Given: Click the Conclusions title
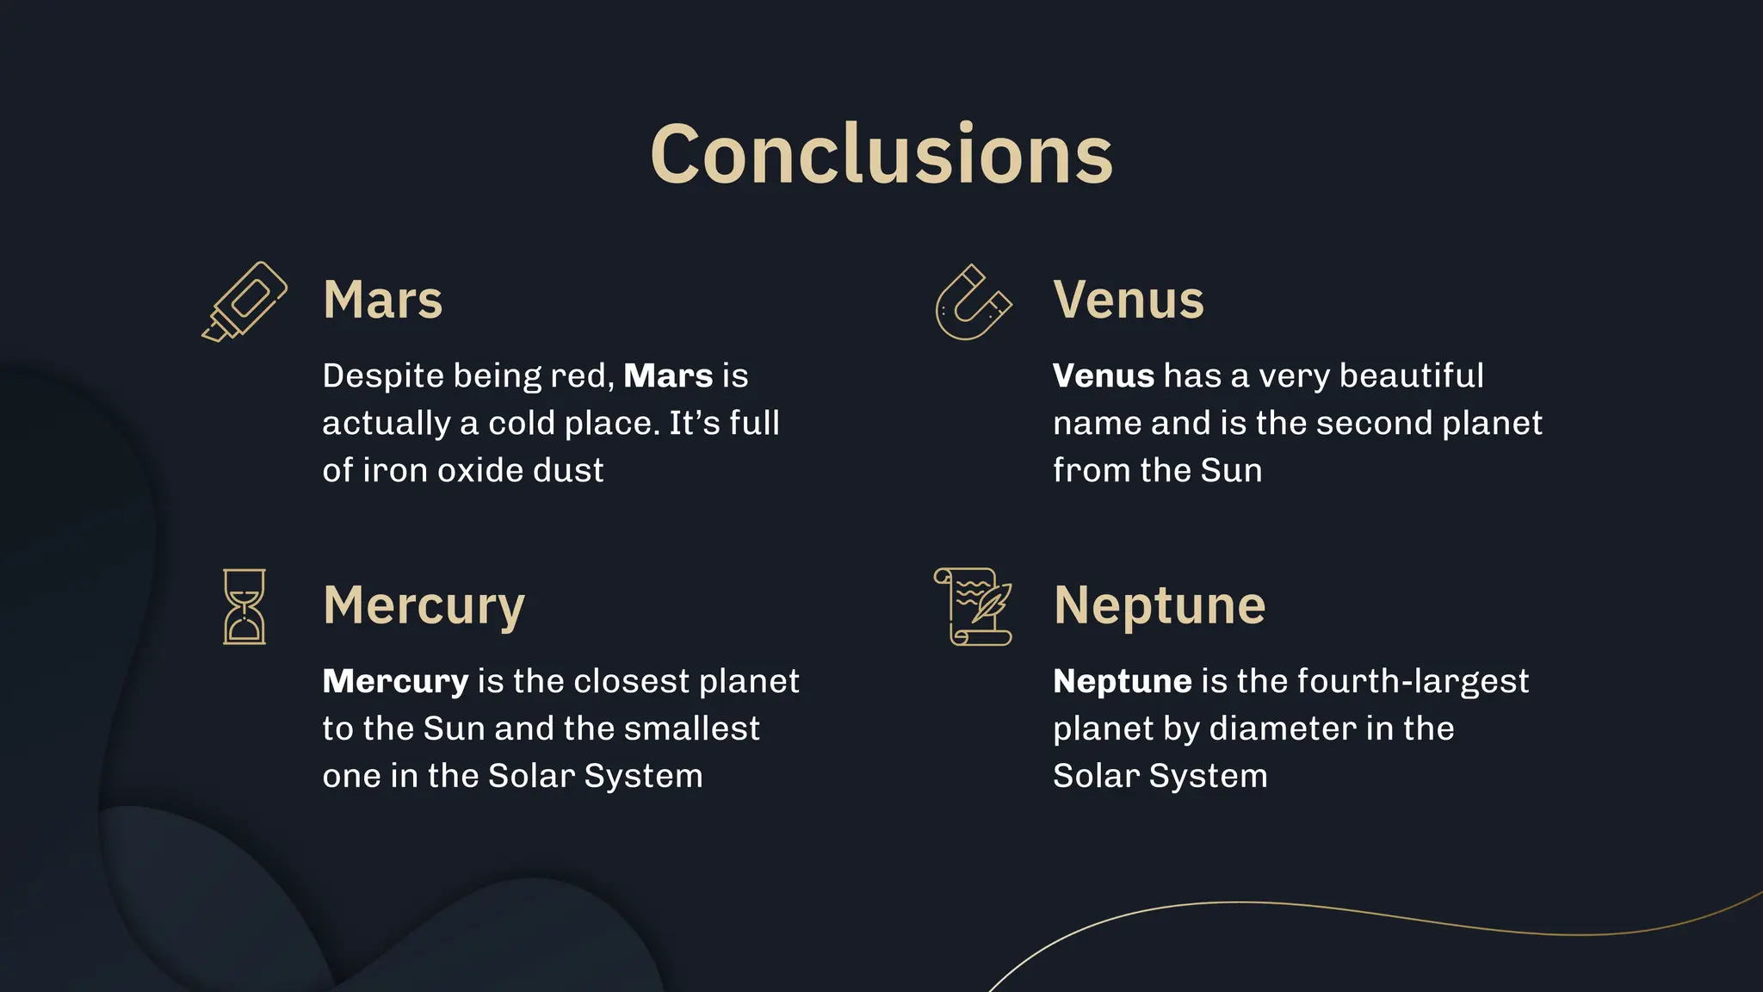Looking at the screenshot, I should tap(881, 155).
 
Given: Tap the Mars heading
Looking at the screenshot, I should tap(383, 300).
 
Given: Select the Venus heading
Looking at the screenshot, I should tap(1129, 300).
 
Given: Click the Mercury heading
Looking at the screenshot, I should tap(424, 605).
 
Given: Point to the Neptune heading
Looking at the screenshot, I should tap(1160, 605).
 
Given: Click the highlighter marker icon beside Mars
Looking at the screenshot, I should tap(244, 301).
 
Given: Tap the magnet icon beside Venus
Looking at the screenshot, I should tap(974, 302).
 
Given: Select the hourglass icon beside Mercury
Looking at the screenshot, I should tap(244, 606).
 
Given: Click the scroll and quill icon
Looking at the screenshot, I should tap(974, 606).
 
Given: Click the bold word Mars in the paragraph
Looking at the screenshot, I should tap(668, 376).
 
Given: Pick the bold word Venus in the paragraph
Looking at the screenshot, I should tap(1104, 376).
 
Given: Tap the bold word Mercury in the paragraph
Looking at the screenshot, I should tap(395, 682).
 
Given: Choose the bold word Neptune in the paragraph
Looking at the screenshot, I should tap(1123, 682).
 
